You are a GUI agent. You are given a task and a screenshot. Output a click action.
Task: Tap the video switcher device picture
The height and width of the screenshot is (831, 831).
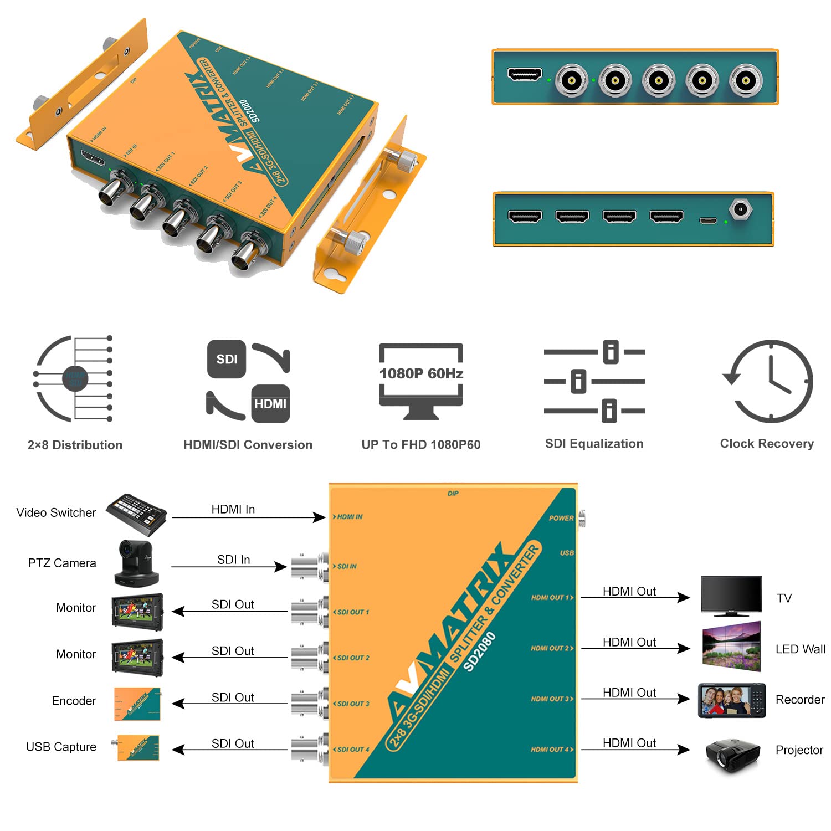pos(136,514)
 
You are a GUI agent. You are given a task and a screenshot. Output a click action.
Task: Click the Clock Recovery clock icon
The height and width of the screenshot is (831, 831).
pos(768,381)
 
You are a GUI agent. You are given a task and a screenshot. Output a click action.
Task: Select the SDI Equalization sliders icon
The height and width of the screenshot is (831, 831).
pos(594,381)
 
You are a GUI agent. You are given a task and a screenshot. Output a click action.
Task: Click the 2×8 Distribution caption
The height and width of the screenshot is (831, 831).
pos(75,445)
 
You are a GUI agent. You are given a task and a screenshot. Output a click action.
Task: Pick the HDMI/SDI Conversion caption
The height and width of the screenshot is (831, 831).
pos(248,445)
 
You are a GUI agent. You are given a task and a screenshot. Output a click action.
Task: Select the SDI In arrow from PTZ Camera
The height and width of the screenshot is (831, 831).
pos(229,566)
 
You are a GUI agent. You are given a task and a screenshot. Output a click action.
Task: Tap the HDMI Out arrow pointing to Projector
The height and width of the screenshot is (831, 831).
pos(635,750)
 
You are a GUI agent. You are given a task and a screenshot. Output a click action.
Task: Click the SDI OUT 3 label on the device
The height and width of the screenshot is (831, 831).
pos(352,704)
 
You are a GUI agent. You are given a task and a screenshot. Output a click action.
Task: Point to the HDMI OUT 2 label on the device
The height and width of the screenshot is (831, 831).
pos(551,648)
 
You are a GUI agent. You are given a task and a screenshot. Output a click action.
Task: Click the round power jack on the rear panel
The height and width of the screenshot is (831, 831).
pos(740,210)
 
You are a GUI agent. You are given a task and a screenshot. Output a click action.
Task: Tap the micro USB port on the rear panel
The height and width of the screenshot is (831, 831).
pos(707,220)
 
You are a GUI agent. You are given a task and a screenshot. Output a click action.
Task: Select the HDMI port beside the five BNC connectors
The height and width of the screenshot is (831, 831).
pos(524,74)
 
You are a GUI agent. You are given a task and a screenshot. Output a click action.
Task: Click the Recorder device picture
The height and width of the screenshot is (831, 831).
pos(731,700)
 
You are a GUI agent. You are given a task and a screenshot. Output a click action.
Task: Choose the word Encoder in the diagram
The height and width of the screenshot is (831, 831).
pos(74,701)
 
